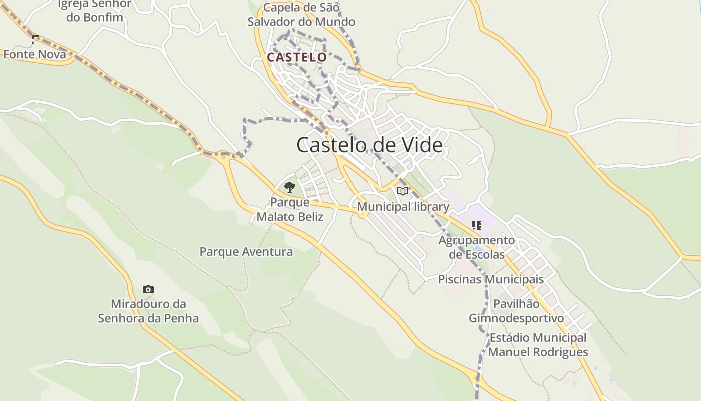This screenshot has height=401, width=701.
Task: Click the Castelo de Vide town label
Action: [370, 145]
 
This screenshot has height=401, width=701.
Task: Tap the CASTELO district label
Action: [297, 57]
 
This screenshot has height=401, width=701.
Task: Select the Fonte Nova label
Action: [35, 54]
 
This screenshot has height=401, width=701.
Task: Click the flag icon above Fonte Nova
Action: [35, 39]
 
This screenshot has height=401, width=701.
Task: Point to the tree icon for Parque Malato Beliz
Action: [289, 188]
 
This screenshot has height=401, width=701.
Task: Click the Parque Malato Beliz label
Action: [290, 210]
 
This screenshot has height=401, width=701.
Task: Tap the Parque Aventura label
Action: [246, 252]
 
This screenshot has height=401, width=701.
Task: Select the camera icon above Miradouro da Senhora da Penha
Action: [148, 289]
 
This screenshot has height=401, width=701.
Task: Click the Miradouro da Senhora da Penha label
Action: [148, 311]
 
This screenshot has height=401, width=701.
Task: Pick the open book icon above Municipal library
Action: [403, 191]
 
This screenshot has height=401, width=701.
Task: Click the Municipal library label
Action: [403, 207]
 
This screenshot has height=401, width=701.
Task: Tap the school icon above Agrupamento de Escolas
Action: [476, 225]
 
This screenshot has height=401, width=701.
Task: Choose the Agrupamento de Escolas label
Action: [477, 247]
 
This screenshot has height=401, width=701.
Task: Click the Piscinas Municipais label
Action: [491, 279]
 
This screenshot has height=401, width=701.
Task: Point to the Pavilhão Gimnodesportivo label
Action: [516, 311]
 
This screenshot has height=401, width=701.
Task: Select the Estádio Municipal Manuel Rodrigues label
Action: [538, 345]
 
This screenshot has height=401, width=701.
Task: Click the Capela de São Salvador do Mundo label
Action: [301, 15]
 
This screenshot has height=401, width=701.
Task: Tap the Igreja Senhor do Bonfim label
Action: [94, 10]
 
